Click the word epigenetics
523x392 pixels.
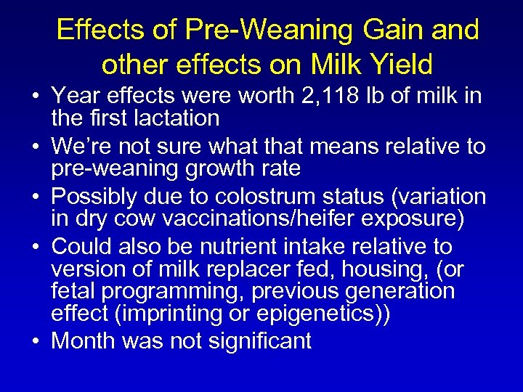tap(242, 313)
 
